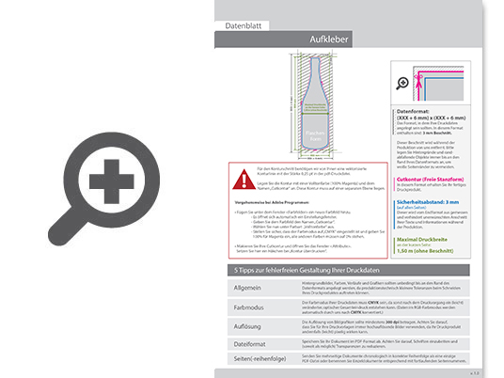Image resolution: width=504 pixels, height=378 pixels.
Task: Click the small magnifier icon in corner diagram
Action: (x=404, y=82)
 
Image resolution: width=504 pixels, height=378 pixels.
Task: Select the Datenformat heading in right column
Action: (x=420, y=111)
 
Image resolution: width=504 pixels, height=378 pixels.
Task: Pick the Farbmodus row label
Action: (x=242, y=307)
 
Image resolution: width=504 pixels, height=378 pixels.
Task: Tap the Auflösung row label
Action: (x=242, y=325)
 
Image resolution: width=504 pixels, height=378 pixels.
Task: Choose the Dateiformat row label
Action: (x=243, y=344)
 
